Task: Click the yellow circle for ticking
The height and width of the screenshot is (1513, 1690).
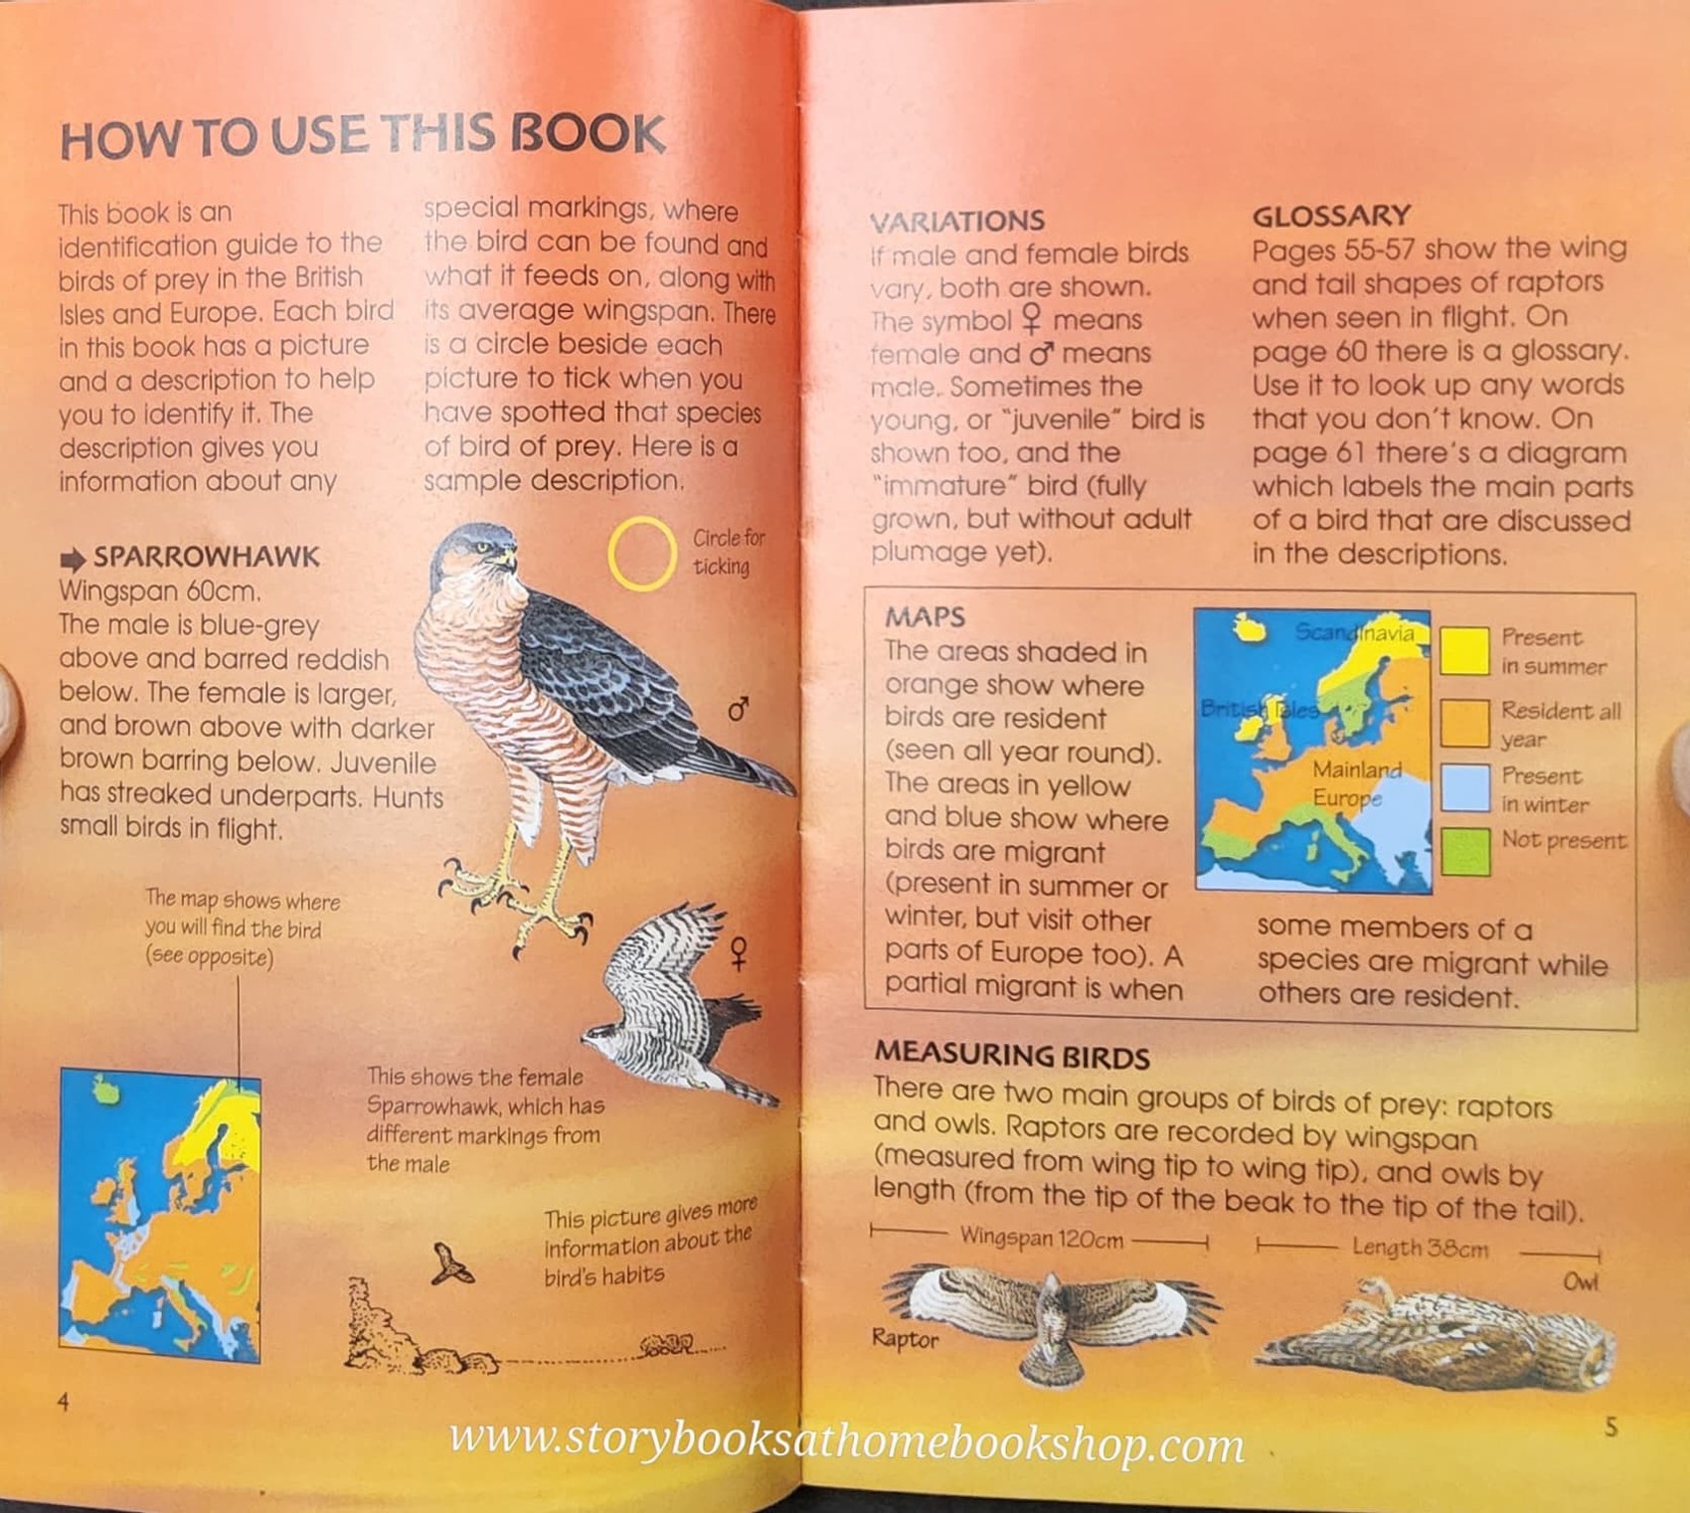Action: (642, 554)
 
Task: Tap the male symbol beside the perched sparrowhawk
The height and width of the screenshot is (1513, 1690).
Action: (738, 710)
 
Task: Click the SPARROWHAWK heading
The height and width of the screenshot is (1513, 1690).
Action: (206, 557)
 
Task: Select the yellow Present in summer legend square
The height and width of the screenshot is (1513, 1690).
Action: (1464, 651)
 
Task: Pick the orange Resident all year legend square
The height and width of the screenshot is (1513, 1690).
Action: (1464, 722)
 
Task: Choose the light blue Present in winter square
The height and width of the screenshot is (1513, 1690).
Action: (1464, 788)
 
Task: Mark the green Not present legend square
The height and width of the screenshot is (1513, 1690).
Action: (1464, 851)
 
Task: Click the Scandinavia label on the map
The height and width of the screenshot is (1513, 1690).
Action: (1354, 633)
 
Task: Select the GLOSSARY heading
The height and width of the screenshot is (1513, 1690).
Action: (1330, 216)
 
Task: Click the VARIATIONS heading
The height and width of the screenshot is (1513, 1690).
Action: (956, 221)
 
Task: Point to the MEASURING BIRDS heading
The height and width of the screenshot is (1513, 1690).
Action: (1011, 1055)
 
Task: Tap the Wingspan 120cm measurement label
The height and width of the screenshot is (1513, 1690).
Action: (1041, 1239)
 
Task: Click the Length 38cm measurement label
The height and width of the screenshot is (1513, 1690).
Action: (1420, 1249)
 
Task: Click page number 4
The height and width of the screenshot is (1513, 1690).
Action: (64, 1403)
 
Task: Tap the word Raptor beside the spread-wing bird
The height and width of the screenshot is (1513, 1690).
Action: (905, 1339)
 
